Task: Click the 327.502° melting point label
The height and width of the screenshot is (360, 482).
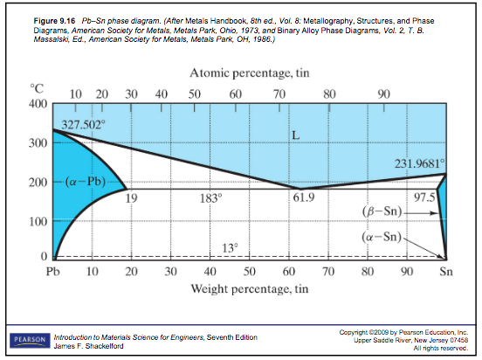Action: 83,125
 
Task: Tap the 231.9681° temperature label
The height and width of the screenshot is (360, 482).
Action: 420,163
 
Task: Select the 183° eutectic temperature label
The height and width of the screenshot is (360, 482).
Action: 210,198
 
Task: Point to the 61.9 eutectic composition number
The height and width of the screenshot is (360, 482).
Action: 304,197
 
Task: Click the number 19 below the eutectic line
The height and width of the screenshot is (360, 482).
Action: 131,198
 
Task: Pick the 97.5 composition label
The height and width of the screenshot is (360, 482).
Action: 424,197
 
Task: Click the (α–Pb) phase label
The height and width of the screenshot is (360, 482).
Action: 86,182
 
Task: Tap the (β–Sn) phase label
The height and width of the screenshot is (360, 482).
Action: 382,211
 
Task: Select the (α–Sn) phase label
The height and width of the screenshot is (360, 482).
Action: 382,236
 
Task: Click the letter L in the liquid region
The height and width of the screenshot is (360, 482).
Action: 295,135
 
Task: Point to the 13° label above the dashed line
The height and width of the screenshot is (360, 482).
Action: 230,248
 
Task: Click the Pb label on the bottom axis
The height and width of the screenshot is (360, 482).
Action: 52,272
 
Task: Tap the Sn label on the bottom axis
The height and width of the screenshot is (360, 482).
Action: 445,272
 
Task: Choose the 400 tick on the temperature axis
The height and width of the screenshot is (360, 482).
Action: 38,104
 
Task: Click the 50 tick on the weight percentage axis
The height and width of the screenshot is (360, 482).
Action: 250,272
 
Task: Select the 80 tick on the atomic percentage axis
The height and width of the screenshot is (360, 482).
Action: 329,94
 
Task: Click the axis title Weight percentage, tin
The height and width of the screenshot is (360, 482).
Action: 250,289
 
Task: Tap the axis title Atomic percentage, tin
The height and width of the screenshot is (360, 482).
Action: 250,73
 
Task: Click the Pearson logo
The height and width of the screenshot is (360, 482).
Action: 30,340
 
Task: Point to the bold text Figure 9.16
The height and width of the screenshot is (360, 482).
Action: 54,21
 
